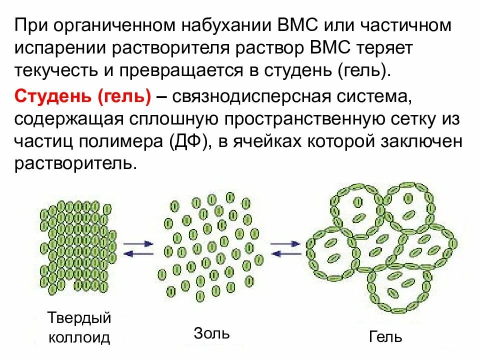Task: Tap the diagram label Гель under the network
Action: tap(385, 336)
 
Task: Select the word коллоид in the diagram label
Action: tap(79, 337)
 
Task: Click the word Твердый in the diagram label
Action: tap(79, 318)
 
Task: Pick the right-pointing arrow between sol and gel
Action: tap(284, 243)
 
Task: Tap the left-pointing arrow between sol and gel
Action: tap(284, 253)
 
